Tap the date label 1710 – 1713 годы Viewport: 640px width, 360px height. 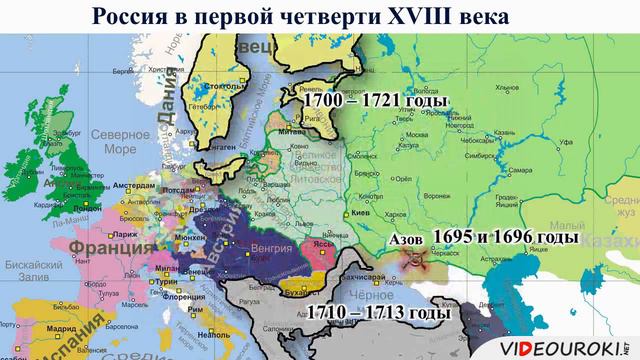tap(379, 313)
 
